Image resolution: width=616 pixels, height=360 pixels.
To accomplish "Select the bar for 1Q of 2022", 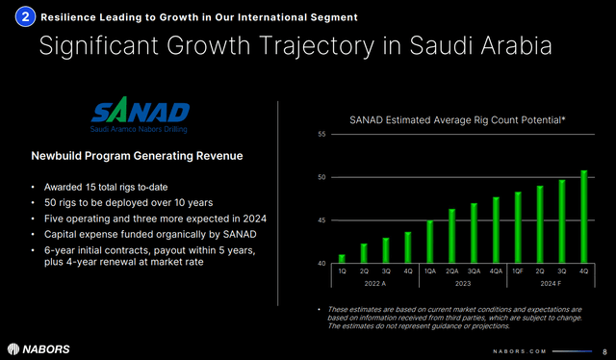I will pyautogui.click(x=341, y=259).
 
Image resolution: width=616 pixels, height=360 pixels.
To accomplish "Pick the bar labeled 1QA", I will pyautogui.click(x=429, y=242).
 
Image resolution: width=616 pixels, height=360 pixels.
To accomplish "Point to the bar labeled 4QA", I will pyautogui.click(x=496, y=230).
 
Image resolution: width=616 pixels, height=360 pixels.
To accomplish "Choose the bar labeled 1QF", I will pyautogui.click(x=517, y=227).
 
